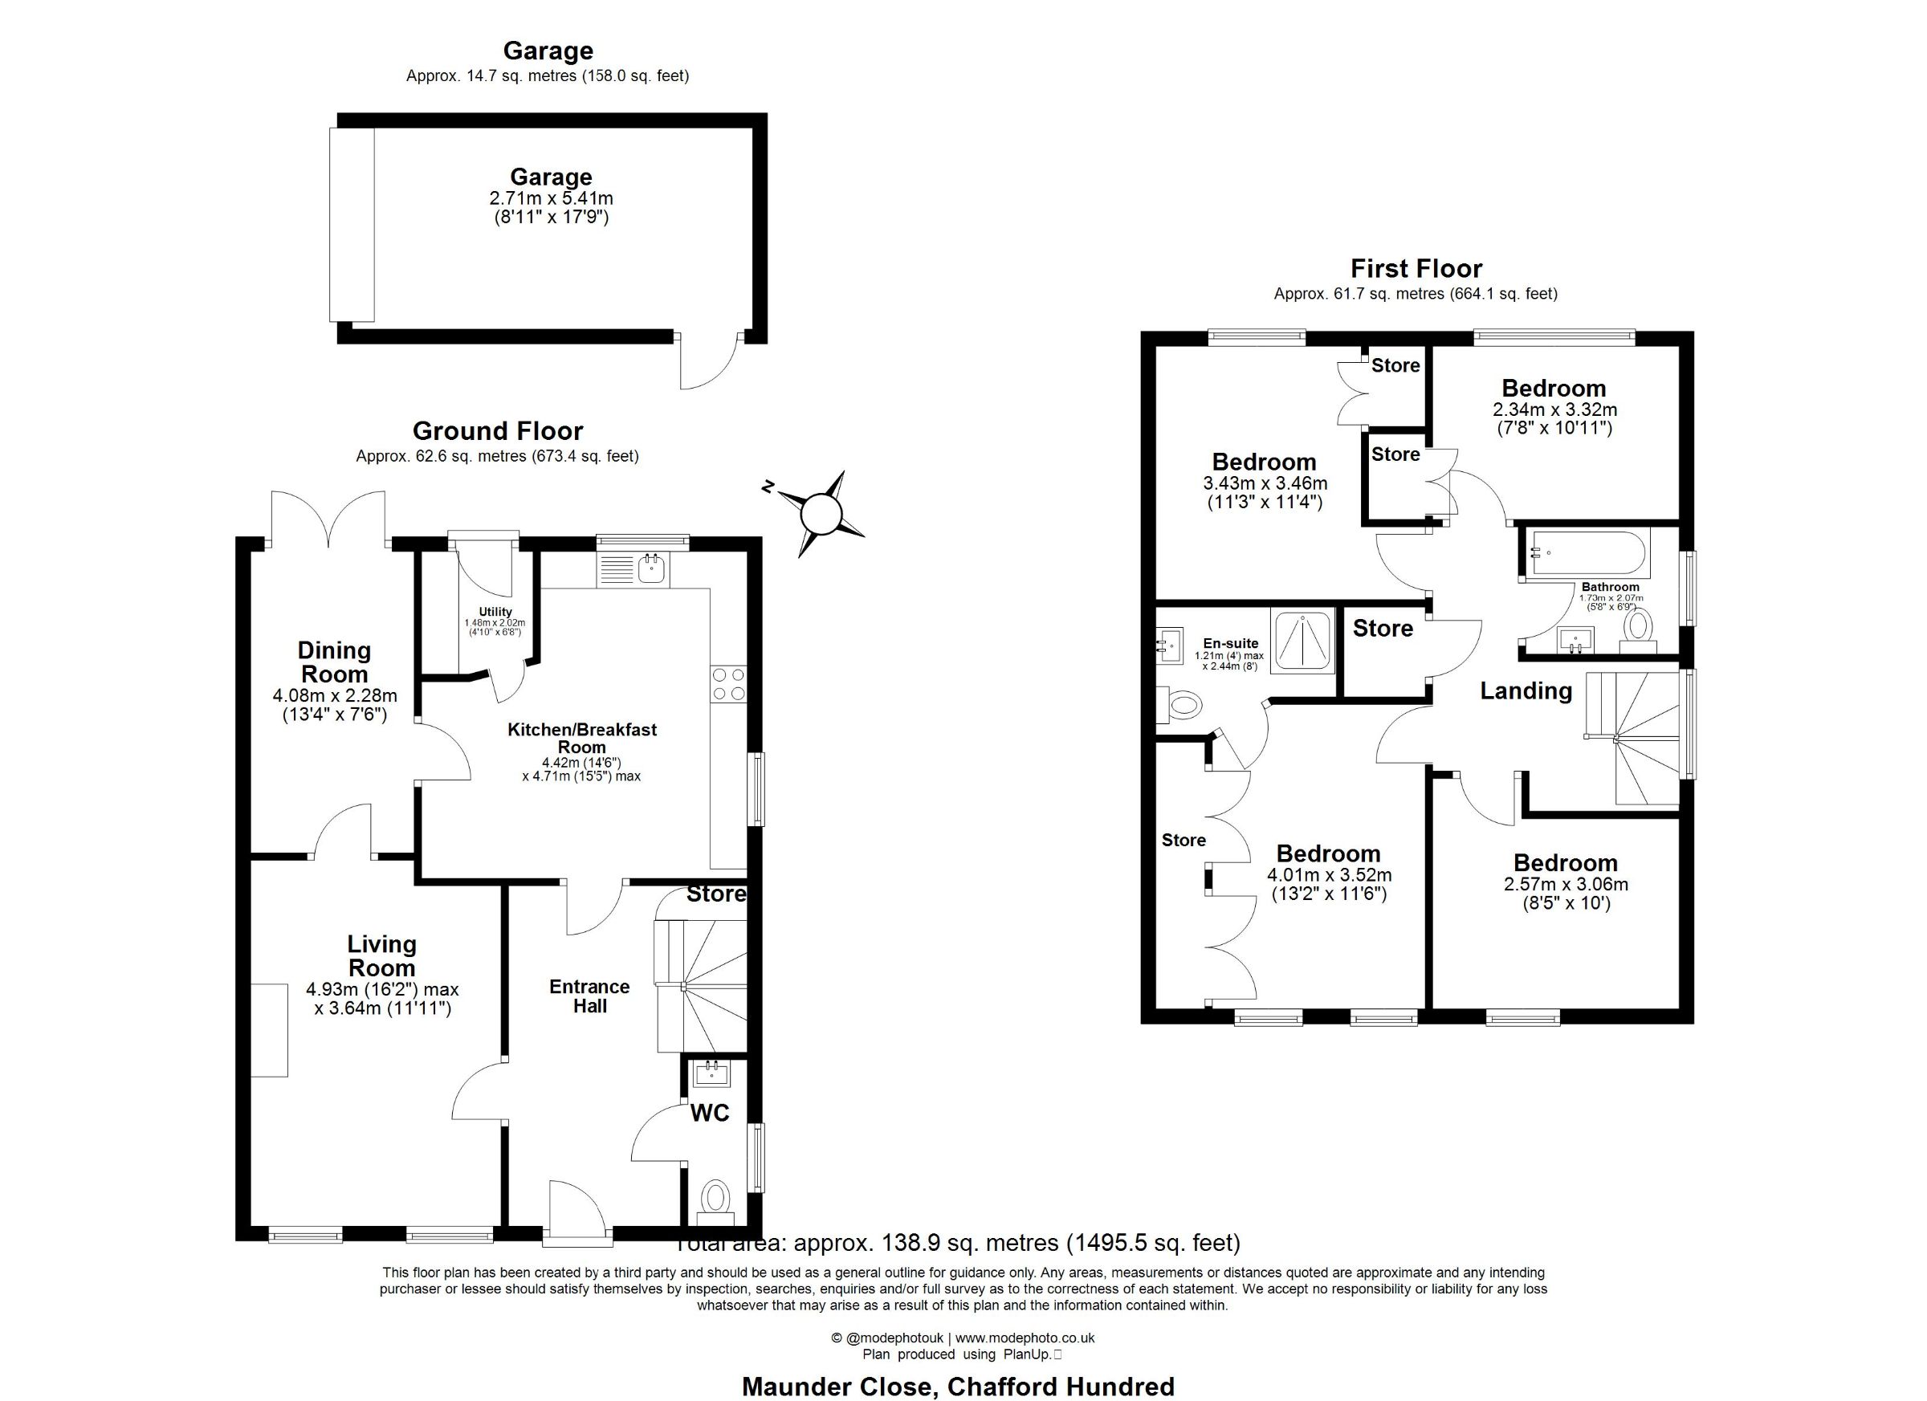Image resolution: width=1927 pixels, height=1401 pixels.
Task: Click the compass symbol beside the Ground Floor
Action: pyautogui.click(x=820, y=513)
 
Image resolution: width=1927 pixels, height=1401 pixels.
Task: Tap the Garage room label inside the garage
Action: pyautogui.click(x=551, y=177)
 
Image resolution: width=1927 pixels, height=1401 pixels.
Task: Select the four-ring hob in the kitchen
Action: pyautogui.click(x=728, y=685)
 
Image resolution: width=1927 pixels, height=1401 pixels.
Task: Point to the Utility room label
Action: pyautogui.click(x=495, y=612)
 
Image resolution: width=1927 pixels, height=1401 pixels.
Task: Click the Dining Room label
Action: pyautogui.click(x=335, y=662)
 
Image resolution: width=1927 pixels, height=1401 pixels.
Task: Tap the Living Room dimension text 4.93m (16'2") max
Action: pyautogui.click(x=382, y=990)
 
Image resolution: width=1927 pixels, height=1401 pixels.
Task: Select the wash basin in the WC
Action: pyautogui.click(x=711, y=1074)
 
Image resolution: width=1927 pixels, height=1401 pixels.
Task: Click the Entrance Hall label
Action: pyautogui.click(x=589, y=996)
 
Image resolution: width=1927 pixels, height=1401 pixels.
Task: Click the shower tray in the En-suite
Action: pyautogui.click(x=1302, y=641)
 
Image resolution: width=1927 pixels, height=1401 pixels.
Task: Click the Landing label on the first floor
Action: pyautogui.click(x=1526, y=690)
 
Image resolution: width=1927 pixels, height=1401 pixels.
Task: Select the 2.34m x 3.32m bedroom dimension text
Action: pyautogui.click(x=1555, y=409)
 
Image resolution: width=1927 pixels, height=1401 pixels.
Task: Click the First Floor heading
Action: pyautogui.click(x=1416, y=268)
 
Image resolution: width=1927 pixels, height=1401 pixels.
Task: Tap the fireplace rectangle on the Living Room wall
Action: pyautogui.click(x=269, y=1030)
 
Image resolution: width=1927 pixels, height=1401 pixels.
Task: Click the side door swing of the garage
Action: pyautogui.click(x=709, y=361)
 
